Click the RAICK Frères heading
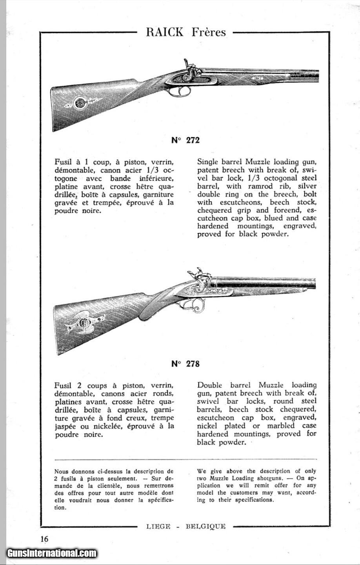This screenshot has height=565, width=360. pos(185,32)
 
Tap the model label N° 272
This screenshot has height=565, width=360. pos(185,140)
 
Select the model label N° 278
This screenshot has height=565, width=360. pos(185,364)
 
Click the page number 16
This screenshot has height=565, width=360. pos(44,539)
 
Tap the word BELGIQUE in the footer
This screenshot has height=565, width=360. pos(205,526)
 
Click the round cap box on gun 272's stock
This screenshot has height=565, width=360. pos(80,103)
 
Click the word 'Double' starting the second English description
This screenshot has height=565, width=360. pos(209,385)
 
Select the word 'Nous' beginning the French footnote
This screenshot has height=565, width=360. pos(61,471)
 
